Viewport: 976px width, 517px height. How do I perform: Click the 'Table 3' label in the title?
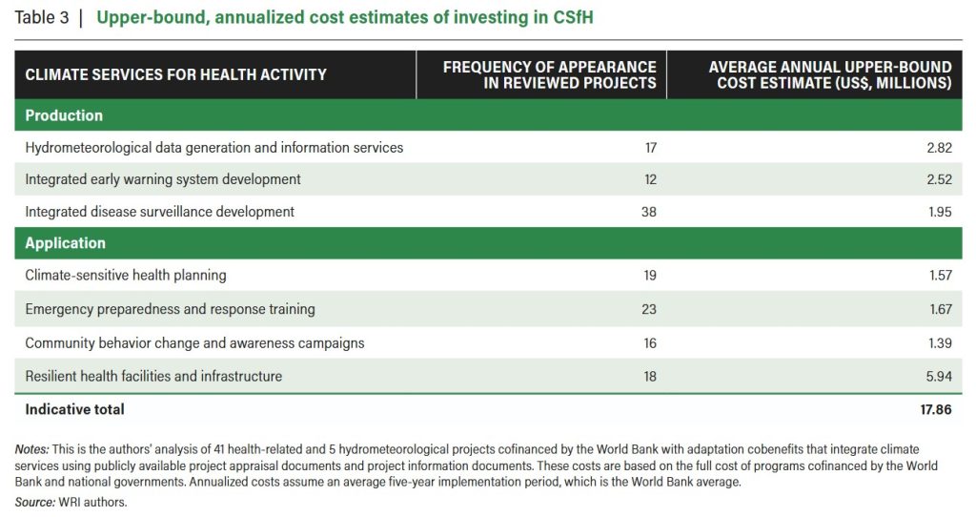42,17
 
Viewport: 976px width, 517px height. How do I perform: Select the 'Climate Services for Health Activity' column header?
175,74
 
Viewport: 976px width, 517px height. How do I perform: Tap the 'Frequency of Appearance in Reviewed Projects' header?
550,74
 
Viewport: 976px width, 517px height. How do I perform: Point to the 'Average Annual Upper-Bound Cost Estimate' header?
830,74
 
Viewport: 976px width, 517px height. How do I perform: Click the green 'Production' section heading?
64,115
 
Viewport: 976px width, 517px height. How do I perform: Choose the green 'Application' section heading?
66,243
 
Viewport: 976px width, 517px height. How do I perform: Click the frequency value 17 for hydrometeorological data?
650,148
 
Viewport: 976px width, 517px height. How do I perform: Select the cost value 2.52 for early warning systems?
939,179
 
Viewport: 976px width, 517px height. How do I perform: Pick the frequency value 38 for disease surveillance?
648,212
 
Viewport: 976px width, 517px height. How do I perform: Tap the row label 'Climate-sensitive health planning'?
126,276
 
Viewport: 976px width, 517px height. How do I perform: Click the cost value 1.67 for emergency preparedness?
940,309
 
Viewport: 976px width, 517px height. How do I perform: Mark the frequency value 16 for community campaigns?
650,343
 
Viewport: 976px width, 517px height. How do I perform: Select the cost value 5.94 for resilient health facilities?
939,376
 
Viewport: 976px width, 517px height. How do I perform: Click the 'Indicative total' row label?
74,409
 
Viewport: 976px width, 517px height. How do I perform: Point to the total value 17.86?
936,409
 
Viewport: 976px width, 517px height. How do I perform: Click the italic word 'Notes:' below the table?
31,449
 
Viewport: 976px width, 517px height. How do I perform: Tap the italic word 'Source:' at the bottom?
35,502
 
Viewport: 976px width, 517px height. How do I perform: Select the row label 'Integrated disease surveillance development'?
159,212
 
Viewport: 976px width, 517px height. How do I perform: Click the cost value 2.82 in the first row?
939,148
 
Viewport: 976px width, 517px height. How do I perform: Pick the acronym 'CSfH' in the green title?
573,17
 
